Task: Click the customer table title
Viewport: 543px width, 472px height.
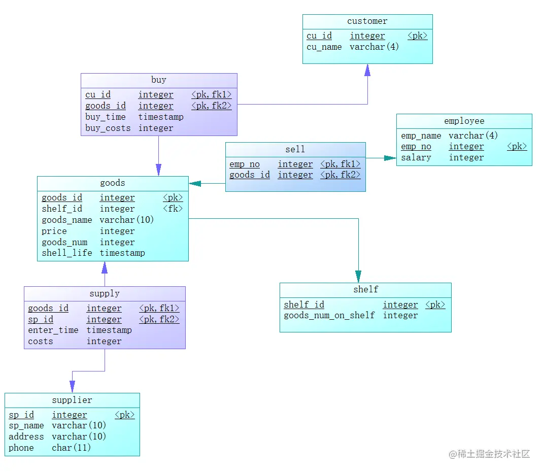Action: (367, 21)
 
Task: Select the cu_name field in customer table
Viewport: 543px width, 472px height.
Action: (324, 47)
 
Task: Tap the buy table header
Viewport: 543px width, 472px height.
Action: (158, 80)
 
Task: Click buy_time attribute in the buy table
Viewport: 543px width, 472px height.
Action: (106, 117)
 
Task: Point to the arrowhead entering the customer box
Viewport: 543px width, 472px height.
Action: (367, 70)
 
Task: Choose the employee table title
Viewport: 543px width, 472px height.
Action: (464, 121)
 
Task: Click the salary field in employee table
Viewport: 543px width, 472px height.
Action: (416, 158)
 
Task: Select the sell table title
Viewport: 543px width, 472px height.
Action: (295, 150)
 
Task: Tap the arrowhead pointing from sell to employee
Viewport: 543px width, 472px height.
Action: (390, 158)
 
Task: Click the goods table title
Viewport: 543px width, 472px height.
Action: (112, 183)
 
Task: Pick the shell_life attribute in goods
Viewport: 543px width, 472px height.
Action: (66, 253)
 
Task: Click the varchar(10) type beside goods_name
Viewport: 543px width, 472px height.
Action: (126, 220)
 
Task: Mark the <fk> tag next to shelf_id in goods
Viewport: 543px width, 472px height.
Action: (173, 209)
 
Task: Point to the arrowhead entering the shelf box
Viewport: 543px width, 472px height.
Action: (358, 277)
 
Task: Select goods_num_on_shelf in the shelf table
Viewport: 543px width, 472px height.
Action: (329, 316)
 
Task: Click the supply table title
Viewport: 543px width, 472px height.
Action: (105, 294)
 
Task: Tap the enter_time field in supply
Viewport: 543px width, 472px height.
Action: (53, 330)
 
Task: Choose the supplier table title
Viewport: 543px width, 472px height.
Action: (72, 400)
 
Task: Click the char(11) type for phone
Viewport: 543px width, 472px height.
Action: (71, 448)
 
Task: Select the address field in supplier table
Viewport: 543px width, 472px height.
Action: (26, 437)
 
